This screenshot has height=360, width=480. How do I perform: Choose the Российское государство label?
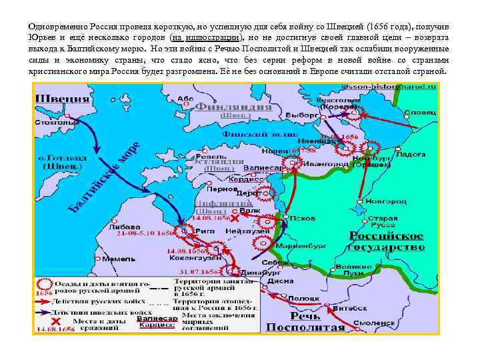(387, 241)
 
